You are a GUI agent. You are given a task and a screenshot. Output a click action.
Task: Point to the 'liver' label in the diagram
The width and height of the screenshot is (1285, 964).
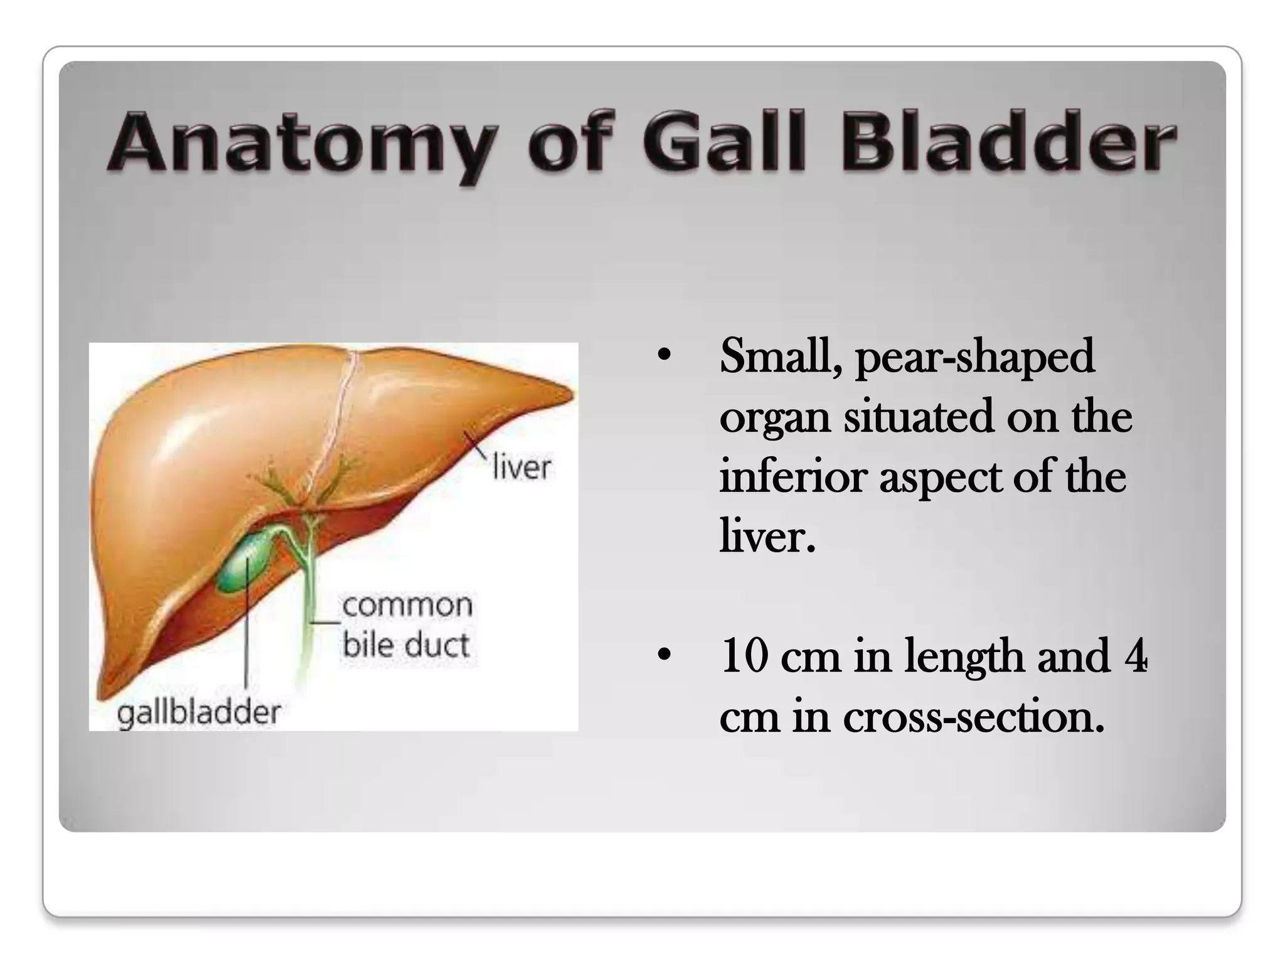tap(521, 468)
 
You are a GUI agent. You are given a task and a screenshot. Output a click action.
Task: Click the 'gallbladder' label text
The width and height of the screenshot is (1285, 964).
tap(199, 713)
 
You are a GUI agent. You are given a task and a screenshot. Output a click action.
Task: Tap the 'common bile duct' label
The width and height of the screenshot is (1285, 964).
tap(407, 624)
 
